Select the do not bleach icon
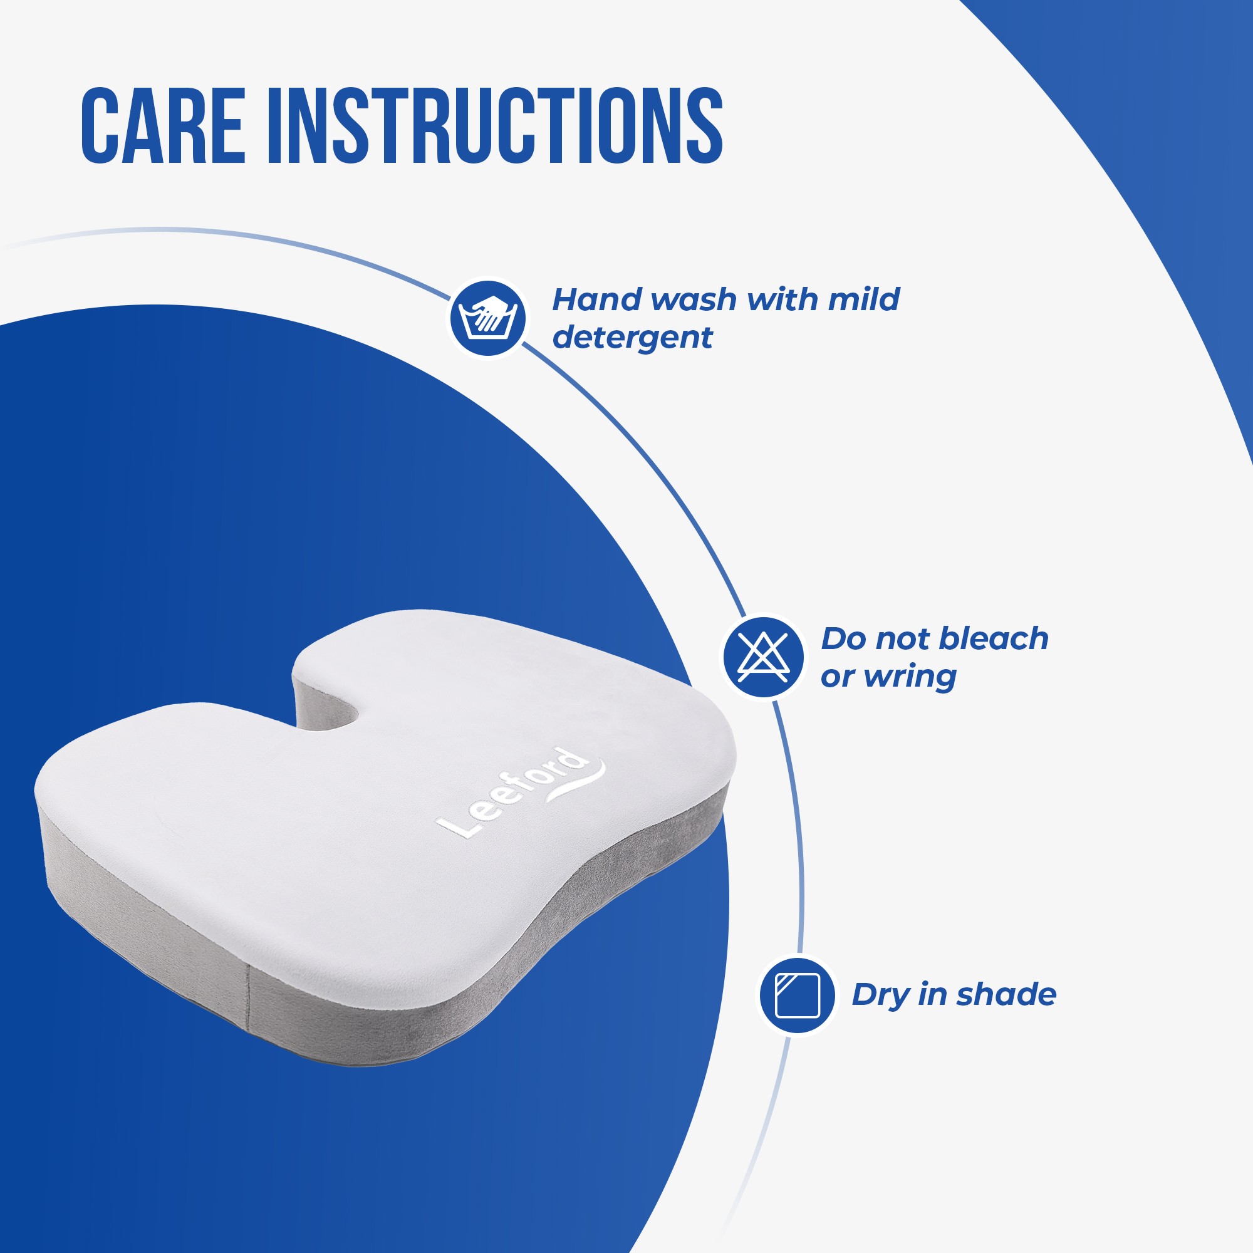click(763, 657)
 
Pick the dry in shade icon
click(798, 995)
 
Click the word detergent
click(632, 338)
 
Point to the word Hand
click(596, 299)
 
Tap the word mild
click(863, 299)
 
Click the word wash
click(693, 299)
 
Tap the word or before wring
click(837, 678)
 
